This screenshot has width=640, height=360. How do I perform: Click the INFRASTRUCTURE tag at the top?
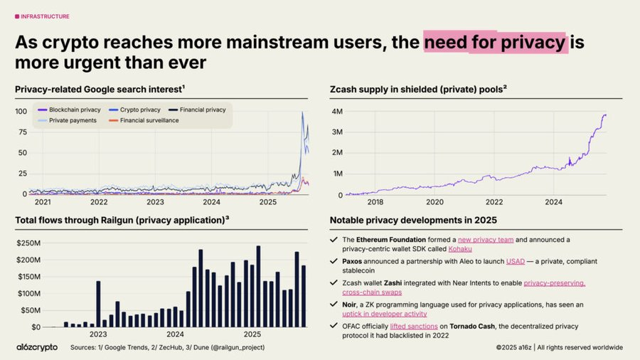pyautogui.click(x=43, y=16)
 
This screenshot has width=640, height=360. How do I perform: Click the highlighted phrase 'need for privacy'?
pyautogui.click(x=495, y=43)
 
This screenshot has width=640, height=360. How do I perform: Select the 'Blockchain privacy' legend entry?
pyautogui.click(x=70, y=110)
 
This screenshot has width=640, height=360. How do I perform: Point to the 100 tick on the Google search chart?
pyautogui.click(x=21, y=111)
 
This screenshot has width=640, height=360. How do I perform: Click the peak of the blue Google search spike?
pyautogui.click(x=302, y=112)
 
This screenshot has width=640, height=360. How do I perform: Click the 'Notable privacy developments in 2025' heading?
pyautogui.click(x=413, y=220)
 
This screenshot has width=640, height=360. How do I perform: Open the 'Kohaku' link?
pyautogui.click(x=460, y=250)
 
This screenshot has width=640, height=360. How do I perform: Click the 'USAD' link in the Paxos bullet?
pyautogui.click(x=516, y=261)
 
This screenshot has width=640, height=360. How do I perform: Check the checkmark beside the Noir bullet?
pyautogui.click(x=334, y=305)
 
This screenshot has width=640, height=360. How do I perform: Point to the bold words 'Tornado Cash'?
pyautogui.click(x=471, y=326)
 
